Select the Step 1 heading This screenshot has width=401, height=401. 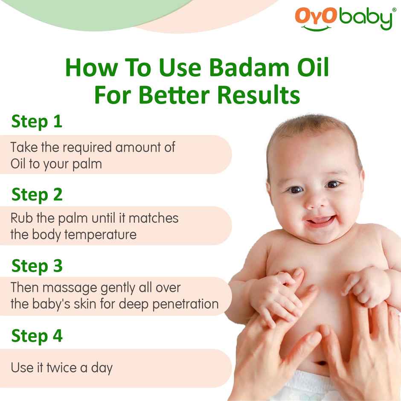[x=37, y=121]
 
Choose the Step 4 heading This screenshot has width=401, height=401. [x=37, y=336]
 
